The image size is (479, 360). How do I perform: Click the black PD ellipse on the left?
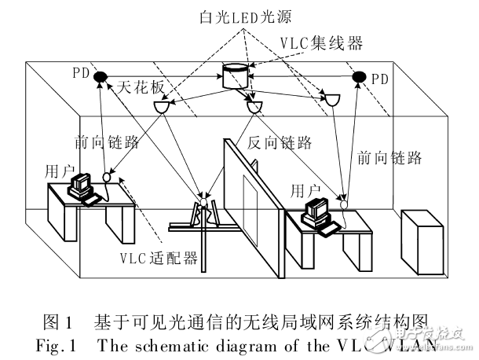[102, 76]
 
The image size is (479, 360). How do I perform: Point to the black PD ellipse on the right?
[360, 76]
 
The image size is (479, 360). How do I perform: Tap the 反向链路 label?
[280, 143]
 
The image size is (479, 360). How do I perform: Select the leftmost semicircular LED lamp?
[163, 107]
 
